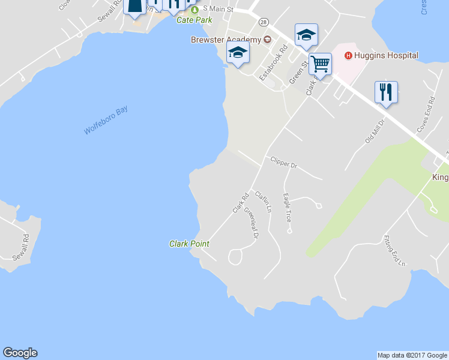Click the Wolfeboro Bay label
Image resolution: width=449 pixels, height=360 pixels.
click(106, 121)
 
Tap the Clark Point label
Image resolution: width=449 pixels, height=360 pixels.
click(189, 244)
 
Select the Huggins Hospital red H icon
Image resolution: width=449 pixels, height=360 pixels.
click(348, 56)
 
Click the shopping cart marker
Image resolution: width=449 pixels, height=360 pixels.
click(321, 64)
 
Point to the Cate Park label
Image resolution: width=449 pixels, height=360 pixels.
click(194, 20)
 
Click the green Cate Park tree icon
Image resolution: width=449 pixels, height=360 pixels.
click(194, 10)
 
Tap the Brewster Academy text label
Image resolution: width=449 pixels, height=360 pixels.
click(226, 40)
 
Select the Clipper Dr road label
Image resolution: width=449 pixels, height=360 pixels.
click(284, 162)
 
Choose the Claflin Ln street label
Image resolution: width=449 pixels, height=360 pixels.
click(264, 202)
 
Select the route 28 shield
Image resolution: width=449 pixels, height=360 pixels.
click(264, 22)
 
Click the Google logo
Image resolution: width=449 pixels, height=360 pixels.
click(20, 353)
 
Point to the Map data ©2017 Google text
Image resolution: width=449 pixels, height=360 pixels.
click(412, 355)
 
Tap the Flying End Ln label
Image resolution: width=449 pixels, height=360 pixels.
click(395, 251)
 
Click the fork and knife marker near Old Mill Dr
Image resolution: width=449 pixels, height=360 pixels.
click(386, 92)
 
